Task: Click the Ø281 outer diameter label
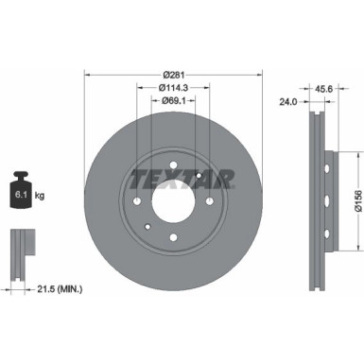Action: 172,75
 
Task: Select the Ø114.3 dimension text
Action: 172,88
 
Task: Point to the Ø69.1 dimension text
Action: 172,100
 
